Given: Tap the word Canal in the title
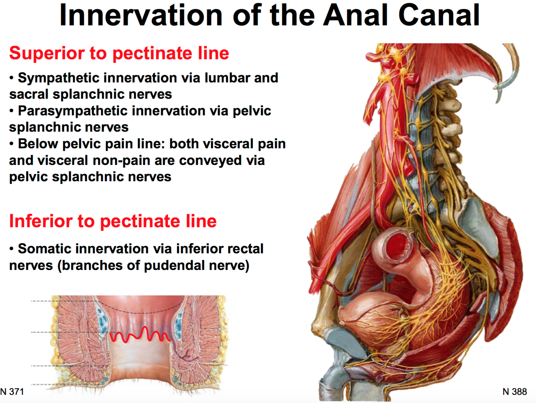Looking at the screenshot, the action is pyautogui.click(x=439, y=15).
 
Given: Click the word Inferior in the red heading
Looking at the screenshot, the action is pyautogui.click(x=40, y=221).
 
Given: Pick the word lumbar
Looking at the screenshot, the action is pyautogui.click(x=228, y=78).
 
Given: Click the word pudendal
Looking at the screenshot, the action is pyautogui.click(x=174, y=265).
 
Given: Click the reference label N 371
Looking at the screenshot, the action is pyautogui.click(x=12, y=392).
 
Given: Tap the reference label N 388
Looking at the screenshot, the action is pyautogui.click(x=515, y=392).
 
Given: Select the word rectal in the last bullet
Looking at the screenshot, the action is pyautogui.click(x=244, y=249).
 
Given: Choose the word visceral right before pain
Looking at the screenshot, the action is pyautogui.click(x=227, y=144).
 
